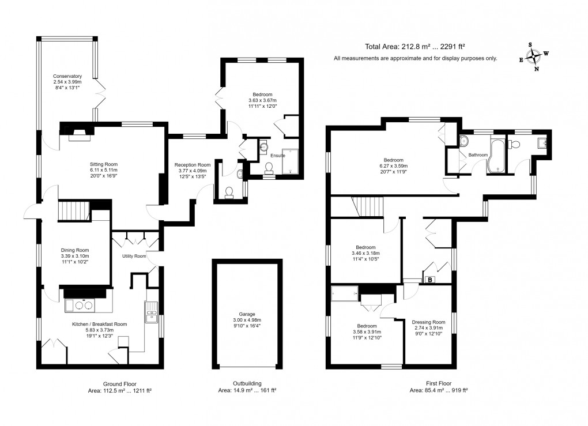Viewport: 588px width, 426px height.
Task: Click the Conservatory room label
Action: click(x=67, y=76)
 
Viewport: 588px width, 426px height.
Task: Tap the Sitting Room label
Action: click(x=104, y=164)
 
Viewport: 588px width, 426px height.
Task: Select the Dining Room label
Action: click(x=75, y=250)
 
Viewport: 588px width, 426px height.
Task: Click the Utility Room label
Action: click(x=134, y=256)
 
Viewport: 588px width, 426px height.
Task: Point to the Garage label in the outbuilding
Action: click(x=247, y=314)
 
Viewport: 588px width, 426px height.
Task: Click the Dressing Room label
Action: click(x=429, y=322)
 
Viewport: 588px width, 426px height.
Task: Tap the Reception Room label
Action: click(x=193, y=165)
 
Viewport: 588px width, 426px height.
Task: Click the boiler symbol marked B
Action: click(x=430, y=280)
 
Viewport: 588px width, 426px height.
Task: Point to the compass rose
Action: click(x=533, y=57)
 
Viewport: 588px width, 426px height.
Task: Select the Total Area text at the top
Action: click(x=415, y=47)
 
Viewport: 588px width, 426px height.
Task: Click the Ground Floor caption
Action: click(x=120, y=384)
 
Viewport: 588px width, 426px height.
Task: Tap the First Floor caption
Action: click(x=439, y=383)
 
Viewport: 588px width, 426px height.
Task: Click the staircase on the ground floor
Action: click(x=74, y=211)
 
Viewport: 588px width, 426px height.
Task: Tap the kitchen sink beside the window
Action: click(x=152, y=312)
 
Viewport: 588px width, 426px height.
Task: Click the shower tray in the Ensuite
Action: click(x=290, y=161)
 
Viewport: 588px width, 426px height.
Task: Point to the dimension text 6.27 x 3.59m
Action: click(x=393, y=166)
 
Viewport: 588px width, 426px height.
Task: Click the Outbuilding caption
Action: click(x=247, y=383)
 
